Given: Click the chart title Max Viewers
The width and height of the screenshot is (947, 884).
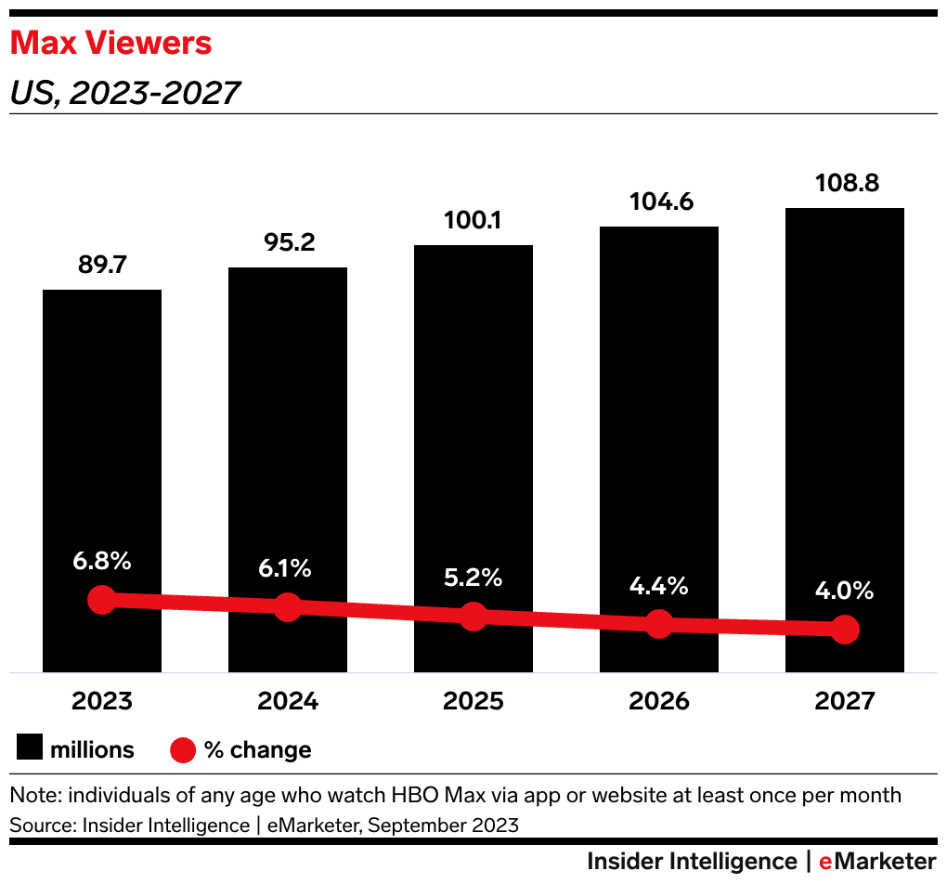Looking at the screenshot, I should tap(110, 43).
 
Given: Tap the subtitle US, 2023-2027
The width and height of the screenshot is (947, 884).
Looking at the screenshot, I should tap(124, 93).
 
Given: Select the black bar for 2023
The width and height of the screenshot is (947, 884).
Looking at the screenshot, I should tap(102, 446).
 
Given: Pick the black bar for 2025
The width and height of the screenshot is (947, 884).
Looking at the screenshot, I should tap(473, 418).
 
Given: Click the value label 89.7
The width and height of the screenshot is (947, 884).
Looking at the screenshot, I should tap(102, 265).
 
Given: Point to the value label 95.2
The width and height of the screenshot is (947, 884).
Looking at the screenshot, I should tap(288, 242).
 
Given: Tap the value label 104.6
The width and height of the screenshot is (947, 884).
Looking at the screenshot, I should tap(659, 201).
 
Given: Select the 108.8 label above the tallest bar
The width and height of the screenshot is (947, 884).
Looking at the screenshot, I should tap(845, 183).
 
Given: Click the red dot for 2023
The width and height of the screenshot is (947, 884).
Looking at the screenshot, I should tap(102, 599).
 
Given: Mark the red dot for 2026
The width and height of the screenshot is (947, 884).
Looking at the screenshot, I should tap(659, 624).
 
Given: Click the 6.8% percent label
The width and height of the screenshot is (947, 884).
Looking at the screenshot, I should tap(102, 561).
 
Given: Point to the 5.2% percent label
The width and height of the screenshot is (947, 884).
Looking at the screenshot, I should tap(473, 578).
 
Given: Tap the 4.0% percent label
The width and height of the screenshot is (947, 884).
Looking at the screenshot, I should tap(845, 591).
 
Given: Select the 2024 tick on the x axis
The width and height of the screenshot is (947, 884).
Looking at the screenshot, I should tap(288, 701).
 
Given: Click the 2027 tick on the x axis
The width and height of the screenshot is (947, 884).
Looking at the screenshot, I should tap(845, 701).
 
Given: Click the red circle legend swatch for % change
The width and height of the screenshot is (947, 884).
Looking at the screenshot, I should tap(183, 749).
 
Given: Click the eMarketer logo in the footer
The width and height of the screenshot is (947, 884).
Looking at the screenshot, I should tap(877, 861).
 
